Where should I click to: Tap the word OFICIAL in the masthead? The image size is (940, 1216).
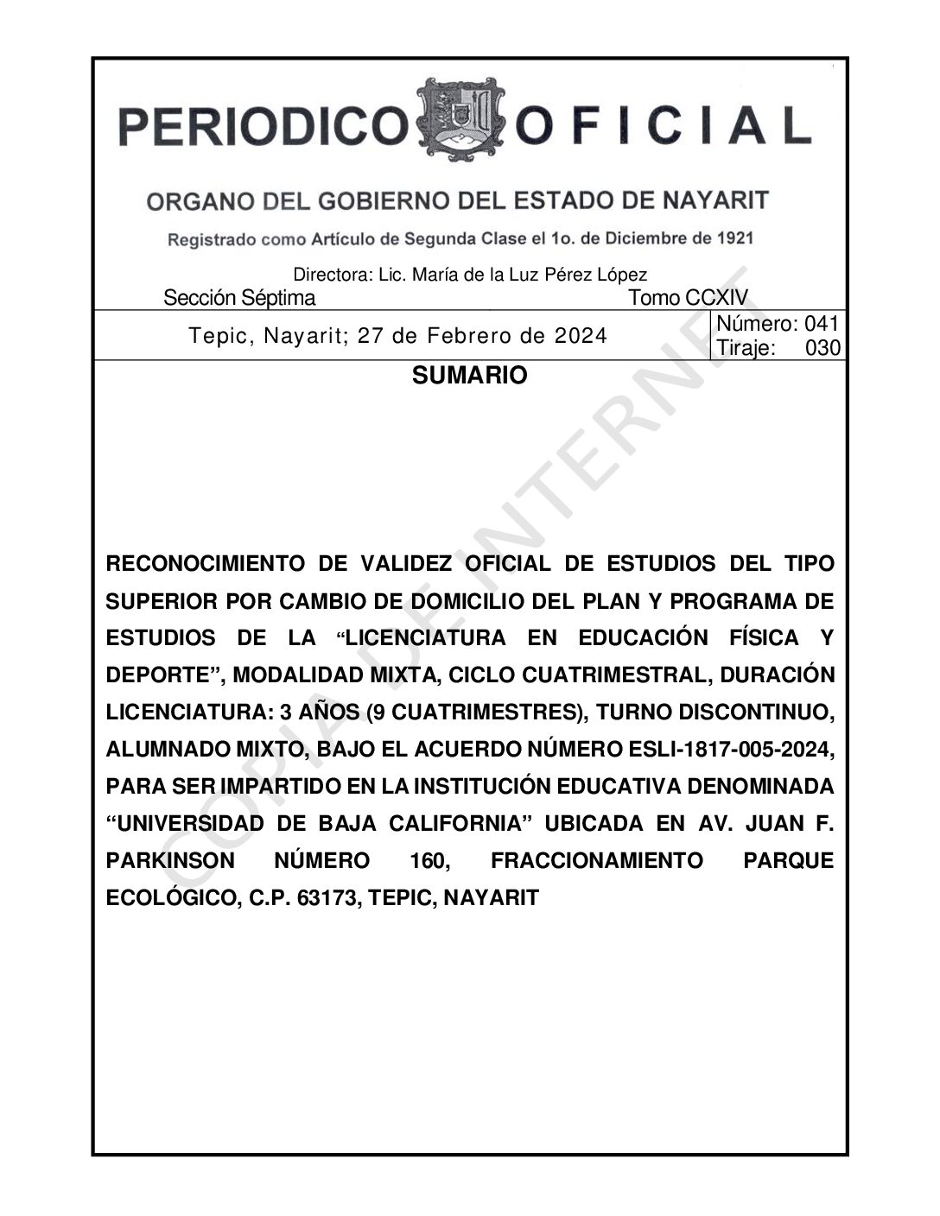[663, 126]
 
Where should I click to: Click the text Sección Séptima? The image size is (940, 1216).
[239, 299]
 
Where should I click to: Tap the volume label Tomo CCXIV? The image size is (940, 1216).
[688, 299]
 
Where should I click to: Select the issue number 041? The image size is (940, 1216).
[822, 325]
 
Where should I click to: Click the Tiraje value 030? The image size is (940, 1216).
[822, 348]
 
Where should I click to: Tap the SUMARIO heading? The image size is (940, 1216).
[469, 376]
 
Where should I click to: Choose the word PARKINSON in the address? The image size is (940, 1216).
[169, 861]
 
